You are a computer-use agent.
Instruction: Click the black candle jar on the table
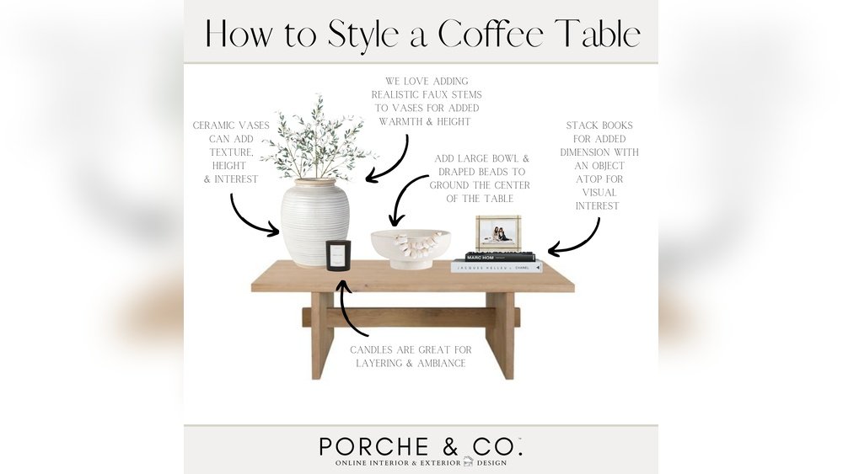pos(338,255)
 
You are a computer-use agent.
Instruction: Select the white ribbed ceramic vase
pos(314,221)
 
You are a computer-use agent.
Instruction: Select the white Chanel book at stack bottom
pos(497,267)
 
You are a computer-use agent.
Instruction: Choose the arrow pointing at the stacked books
pos(576,239)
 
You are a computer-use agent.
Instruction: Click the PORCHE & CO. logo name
pos(421,445)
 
